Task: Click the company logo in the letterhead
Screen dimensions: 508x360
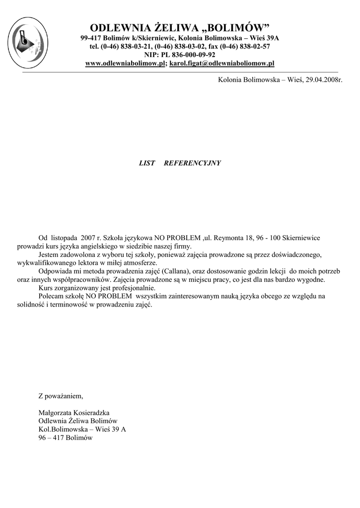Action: (28, 42)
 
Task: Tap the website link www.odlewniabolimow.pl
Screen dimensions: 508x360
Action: (125, 63)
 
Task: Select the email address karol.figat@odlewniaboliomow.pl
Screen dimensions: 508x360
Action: (222, 63)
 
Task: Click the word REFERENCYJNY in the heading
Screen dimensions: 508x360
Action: (192, 163)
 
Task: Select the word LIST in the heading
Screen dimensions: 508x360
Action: (147, 163)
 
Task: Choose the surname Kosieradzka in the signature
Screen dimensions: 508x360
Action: (92, 413)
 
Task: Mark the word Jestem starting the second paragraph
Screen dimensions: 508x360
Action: (49, 254)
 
